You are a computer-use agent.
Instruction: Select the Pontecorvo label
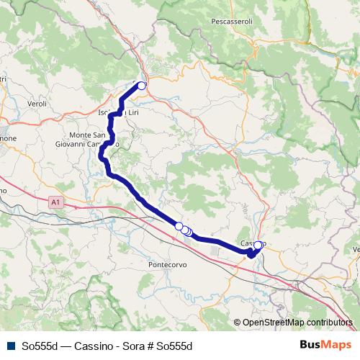click(168, 264)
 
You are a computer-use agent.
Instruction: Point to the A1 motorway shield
click(56, 204)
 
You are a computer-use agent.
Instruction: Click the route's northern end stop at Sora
click(142, 86)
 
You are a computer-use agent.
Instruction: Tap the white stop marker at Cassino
click(258, 246)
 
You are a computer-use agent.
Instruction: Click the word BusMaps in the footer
click(324, 346)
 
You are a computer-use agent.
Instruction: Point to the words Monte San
click(89, 135)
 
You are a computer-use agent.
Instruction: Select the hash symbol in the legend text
click(148, 346)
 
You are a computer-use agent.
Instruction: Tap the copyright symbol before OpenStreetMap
click(238, 322)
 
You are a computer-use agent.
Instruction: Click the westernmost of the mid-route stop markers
click(179, 226)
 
